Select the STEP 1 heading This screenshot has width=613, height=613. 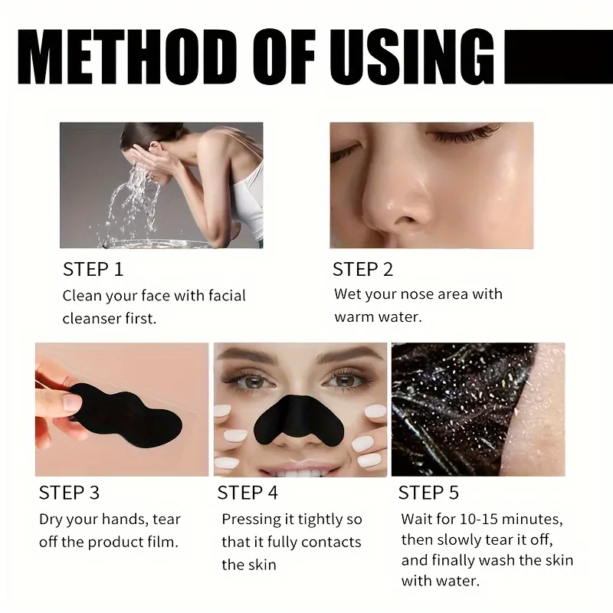pos(93,270)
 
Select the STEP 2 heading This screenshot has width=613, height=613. pos(362,270)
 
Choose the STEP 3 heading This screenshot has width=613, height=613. pos(69,493)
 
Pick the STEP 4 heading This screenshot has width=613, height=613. pos(247,493)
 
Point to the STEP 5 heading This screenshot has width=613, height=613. pos(429,493)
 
